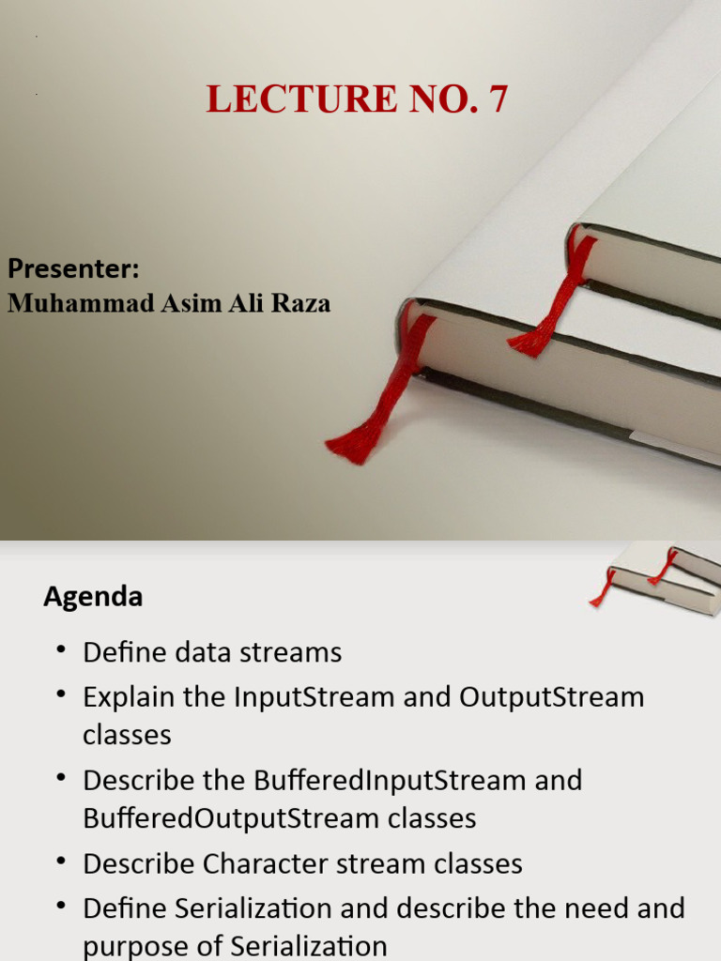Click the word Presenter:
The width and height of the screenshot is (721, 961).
click(x=73, y=269)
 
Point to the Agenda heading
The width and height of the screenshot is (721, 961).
click(x=93, y=597)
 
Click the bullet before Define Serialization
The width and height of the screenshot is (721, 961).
click(x=62, y=906)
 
